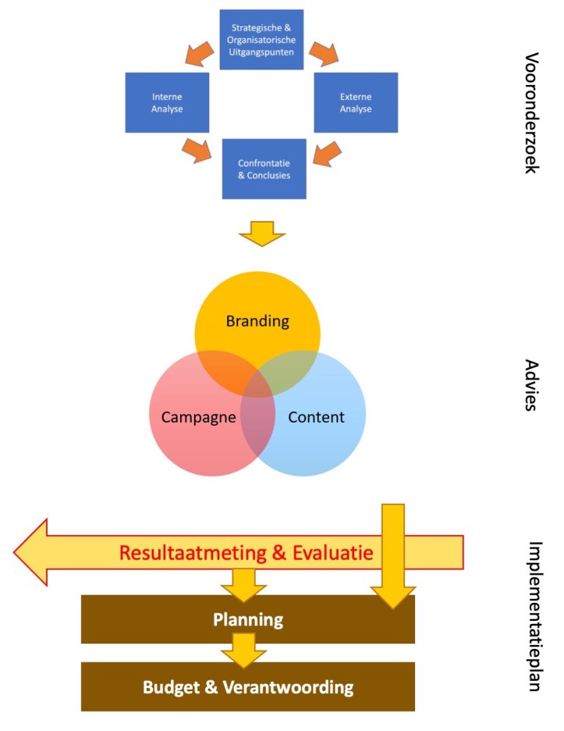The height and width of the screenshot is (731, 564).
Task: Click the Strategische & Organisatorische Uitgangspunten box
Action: pos(261,39)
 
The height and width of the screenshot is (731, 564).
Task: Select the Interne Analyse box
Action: pos(167,103)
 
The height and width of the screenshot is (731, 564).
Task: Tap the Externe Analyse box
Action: pos(356,103)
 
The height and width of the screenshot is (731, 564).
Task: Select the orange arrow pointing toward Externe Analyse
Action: pos(323,52)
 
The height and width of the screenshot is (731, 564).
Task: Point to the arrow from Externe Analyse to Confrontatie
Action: pos(328,152)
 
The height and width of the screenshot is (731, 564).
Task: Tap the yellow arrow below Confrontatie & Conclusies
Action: pos(263,232)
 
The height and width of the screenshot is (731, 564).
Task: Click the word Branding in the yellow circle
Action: pos(257,321)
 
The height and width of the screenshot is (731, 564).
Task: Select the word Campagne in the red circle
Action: pos(199,417)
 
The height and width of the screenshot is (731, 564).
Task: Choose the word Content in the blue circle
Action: pos(316,417)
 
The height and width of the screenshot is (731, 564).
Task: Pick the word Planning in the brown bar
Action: pos(248,620)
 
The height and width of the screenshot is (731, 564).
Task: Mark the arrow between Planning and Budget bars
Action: pos(243,649)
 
